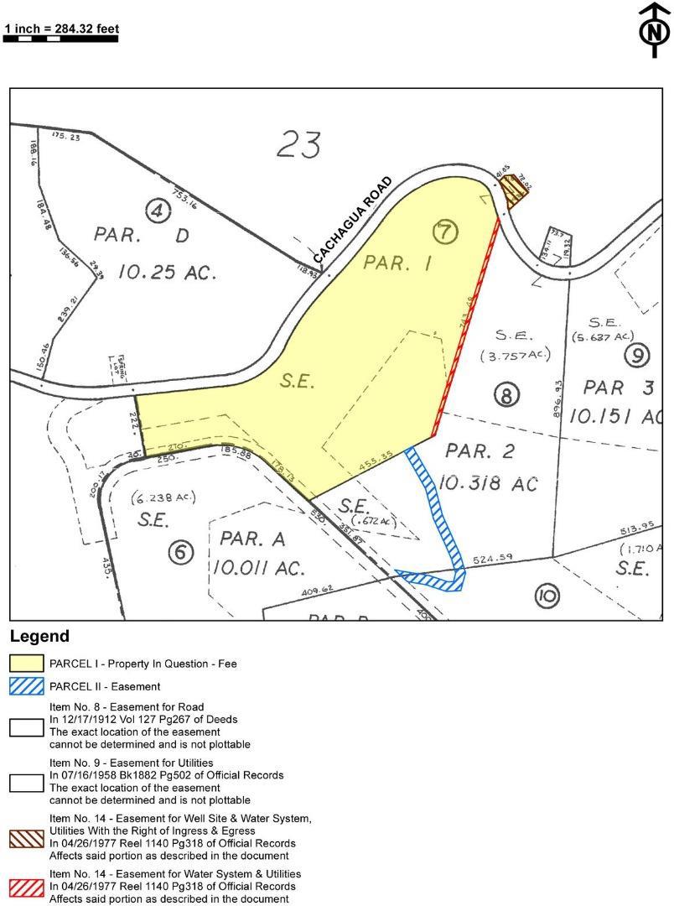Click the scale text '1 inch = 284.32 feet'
pyautogui.click(x=61, y=29)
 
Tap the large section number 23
pyautogui.click(x=298, y=144)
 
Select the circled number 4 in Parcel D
pyautogui.click(x=158, y=211)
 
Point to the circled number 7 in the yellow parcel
pyautogui.click(x=446, y=231)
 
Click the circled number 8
pyautogui.click(x=506, y=394)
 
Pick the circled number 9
pyautogui.click(x=637, y=355)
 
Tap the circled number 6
pyautogui.click(x=180, y=551)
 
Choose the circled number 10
pyautogui.click(x=546, y=596)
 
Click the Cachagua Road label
pyautogui.click(x=353, y=218)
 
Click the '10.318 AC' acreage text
pyautogui.click(x=490, y=484)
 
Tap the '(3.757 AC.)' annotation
pyautogui.click(x=515, y=356)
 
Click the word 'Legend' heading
pyautogui.click(x=39, y=637)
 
